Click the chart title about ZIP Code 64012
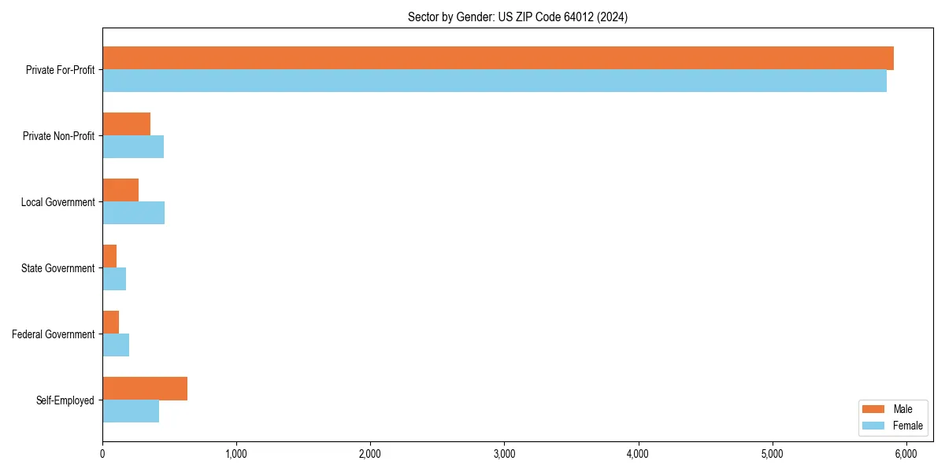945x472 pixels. (517, 17)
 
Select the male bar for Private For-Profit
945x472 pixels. (498, 58)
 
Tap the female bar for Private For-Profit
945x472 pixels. (495, 81)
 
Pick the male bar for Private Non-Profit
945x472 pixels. (126, 124)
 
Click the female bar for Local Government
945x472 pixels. (133, 213)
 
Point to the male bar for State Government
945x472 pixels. (109, 256)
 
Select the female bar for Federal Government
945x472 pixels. (116, 345)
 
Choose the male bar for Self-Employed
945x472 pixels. (145, 389)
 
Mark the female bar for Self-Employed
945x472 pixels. (131, 411)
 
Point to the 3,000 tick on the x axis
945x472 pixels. (504, 453)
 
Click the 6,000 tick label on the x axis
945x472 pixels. (906, 453)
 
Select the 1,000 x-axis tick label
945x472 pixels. (236, 453)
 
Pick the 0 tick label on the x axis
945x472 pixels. (102, 453)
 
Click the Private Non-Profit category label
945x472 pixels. (58, 136)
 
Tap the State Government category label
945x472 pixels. (57, 268)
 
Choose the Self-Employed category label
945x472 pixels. (65, 400)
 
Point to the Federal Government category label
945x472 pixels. (53, 334)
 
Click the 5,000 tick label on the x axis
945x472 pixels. (772, 453)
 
